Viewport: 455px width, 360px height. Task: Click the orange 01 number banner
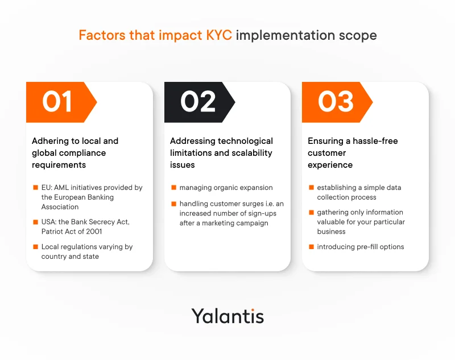(61, 102)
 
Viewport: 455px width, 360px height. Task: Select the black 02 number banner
(200, 102)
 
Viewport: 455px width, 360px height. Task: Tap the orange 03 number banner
(337, 102)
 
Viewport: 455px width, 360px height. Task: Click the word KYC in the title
(219, 35)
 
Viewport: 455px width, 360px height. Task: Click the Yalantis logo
(227, 316)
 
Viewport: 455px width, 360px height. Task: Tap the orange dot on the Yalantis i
(253, 310)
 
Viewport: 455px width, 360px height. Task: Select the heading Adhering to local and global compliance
(75, 153)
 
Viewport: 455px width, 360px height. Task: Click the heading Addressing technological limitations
(221, 153)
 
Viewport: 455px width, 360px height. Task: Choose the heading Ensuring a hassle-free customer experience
(353, 153)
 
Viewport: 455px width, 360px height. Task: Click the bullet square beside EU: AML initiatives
(36, 188)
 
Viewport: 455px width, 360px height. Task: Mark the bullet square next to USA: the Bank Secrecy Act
(36, 222)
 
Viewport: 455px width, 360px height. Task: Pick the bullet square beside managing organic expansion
(174, 188)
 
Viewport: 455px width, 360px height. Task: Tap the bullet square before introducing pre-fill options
(311, 247)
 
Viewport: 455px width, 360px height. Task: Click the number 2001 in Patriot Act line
(94, 231)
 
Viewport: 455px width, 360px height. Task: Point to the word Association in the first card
(60, 207)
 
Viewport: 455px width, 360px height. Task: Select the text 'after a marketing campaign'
(224, 223)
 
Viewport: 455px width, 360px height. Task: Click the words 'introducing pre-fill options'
(361, 247)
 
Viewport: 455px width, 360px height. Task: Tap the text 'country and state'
(70, 256)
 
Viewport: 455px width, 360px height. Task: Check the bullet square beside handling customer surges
(174, 204)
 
